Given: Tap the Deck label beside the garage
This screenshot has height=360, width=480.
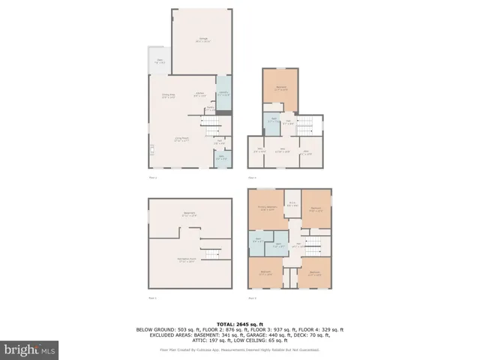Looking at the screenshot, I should pos(160,61).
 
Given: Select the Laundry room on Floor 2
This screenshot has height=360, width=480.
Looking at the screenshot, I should pos(223,94).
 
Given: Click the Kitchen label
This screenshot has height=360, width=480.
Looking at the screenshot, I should pos(199,95).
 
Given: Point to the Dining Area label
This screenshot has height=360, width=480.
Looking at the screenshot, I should pos(169,95).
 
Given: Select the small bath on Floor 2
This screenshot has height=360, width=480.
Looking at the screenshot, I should pos(221,157).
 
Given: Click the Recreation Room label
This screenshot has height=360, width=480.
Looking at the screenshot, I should pos(186,260).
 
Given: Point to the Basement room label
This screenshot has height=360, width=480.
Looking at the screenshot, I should pos(189,214).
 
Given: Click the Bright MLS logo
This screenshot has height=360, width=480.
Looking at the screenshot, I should pos(30,349).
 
